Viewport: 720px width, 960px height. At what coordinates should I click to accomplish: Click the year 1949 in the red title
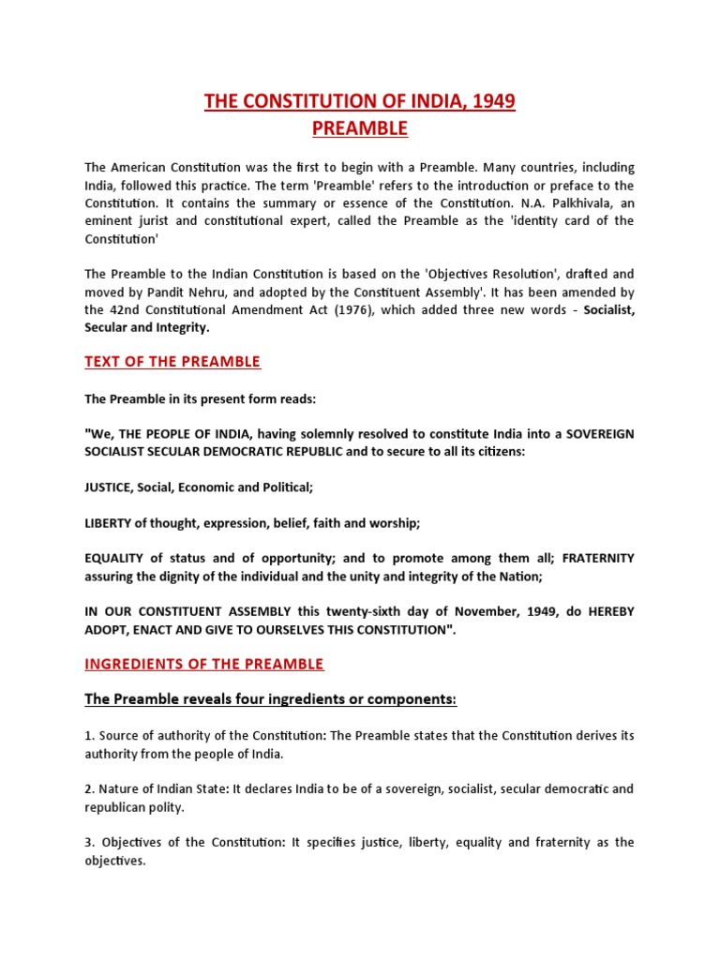point(494,101)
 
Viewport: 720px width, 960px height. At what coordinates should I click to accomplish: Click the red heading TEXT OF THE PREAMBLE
point(172,362)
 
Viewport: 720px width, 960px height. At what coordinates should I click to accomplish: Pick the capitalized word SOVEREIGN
point(590,433)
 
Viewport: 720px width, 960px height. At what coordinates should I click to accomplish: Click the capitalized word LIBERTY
point(108,521)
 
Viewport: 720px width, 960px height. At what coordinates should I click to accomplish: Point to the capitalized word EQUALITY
point(115,558)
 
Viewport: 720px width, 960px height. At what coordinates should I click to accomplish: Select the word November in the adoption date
point(455,611)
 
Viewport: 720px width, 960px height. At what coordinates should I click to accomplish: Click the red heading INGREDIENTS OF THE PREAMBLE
point(204,664)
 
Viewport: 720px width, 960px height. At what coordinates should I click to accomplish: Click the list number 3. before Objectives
point(90,842)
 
